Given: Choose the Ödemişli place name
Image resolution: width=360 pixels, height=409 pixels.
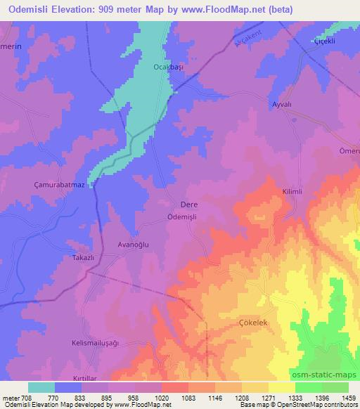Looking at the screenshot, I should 186,217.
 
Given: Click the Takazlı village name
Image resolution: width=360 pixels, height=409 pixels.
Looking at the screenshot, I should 82,258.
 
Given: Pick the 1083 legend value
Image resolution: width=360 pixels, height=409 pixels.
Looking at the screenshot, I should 172,398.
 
